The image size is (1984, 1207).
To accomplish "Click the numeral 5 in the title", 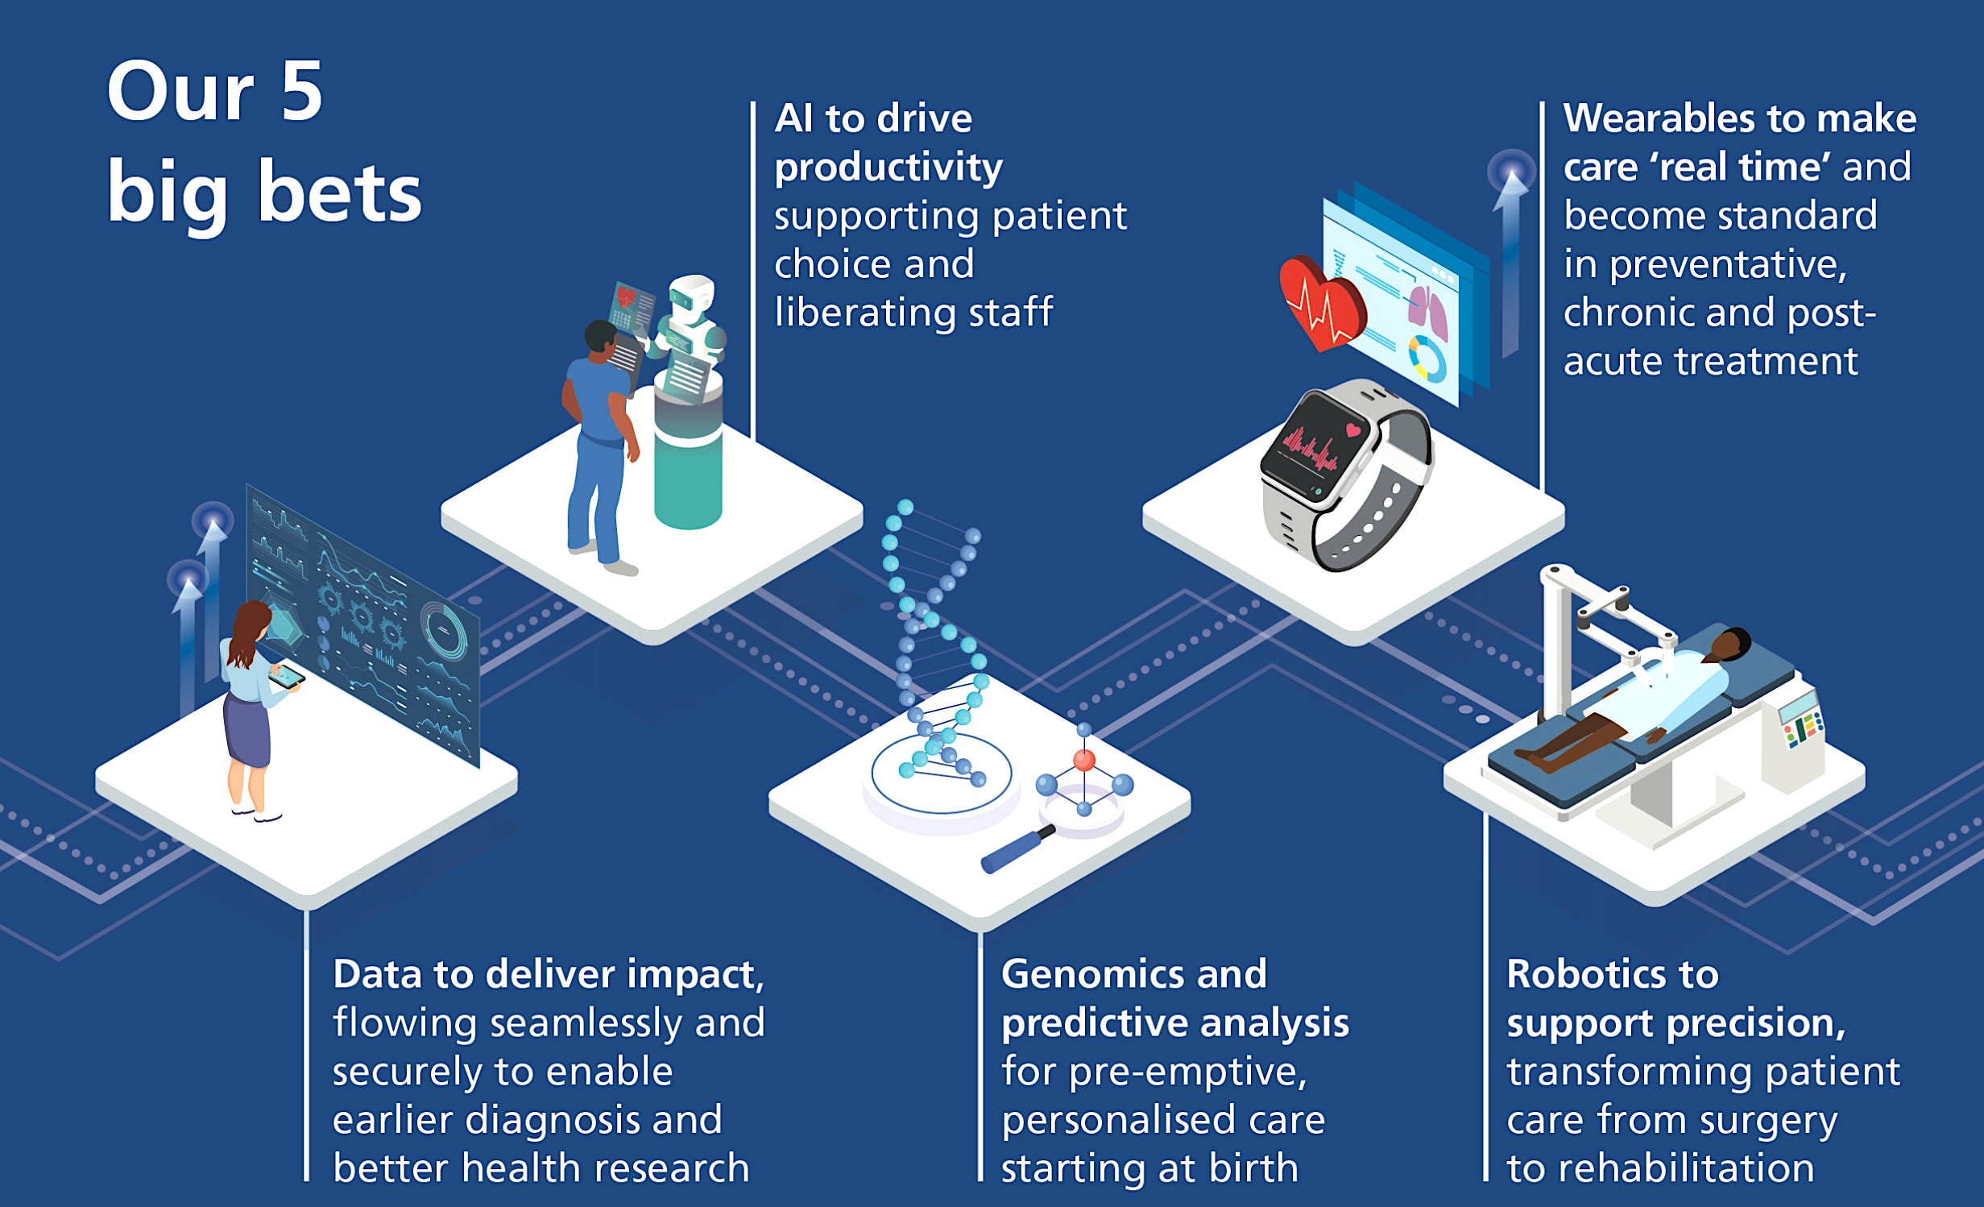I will coord(302,93).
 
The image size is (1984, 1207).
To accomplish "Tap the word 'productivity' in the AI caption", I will coord(888,168).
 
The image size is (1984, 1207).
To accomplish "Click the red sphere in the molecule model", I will coord(1084,760).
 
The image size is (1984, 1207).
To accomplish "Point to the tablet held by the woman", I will coord(286,676).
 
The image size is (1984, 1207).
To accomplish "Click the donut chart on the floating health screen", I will coord(1427,359).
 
